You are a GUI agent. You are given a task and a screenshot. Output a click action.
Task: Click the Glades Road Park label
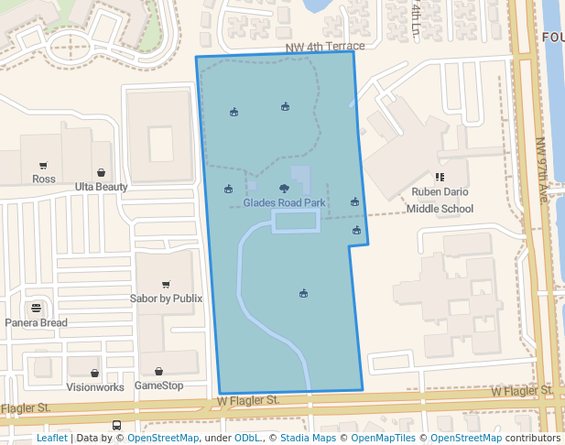click(284, 202)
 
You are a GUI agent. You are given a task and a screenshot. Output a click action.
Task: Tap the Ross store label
click(43, 179)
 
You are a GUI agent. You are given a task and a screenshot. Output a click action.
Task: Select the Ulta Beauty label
click(101, 187)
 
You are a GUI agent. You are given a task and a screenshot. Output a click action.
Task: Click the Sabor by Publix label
click(166, 298)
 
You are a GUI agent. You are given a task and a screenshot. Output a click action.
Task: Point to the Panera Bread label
click(36, 322)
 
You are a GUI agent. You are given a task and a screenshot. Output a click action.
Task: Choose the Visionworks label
click(95, 386)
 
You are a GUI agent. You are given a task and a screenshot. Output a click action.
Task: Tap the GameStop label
click(158, 385)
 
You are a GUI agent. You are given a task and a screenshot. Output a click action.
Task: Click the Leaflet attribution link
click(51, 439)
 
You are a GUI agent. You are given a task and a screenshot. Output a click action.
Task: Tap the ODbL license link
click(247, 439)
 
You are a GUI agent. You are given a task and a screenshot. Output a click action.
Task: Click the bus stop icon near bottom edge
click(116, 426)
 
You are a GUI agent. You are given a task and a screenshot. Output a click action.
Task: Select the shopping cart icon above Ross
click(43, 166)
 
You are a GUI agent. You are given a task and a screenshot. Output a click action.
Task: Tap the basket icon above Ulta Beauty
click(100, 172)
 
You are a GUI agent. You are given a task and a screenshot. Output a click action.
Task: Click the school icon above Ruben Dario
click(440, 177)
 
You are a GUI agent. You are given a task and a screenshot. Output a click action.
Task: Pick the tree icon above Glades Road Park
click(283, 188)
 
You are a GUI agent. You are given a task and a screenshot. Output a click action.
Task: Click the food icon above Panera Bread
click(36, 308)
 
